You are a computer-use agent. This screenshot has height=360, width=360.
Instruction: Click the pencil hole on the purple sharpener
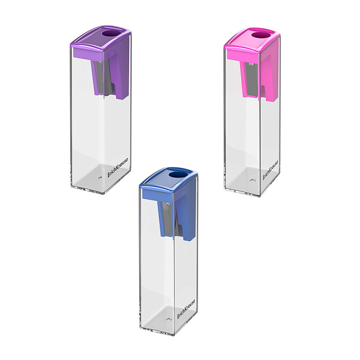(109, 34)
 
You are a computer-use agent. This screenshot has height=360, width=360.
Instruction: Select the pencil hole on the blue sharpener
(176, 175)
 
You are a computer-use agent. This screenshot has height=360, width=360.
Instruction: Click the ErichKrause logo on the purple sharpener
(118, 167)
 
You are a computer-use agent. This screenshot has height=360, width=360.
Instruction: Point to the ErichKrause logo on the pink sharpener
(271, 170)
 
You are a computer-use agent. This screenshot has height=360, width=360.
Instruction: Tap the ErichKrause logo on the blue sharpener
(186, 309)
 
